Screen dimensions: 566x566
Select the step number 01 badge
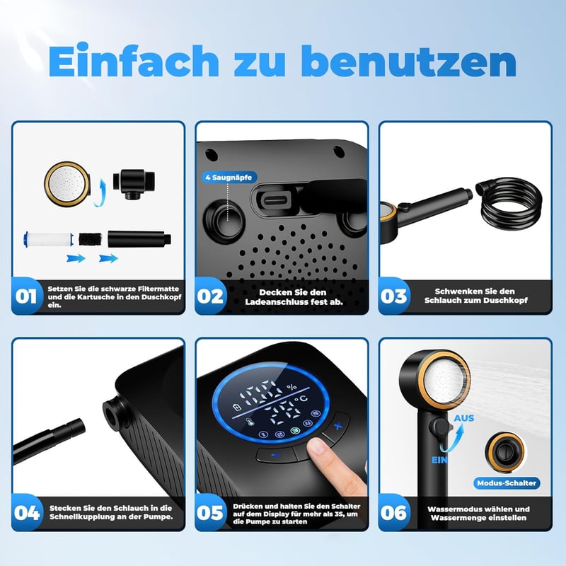tap(25, 296)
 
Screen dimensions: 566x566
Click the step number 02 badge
tap(209, 296)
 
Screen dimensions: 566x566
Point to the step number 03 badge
tap(393, 296)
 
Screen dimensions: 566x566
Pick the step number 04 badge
tap(27, 512)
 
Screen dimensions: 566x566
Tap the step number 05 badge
tap(209, 512)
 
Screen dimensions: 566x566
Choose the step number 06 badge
tap(393, 512)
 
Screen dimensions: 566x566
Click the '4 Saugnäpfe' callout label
tap(229, 178)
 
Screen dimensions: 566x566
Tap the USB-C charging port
tap(275, 200)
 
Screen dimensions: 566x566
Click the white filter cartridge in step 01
tap(48, 239)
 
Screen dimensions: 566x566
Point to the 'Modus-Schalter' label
tap(506, 483)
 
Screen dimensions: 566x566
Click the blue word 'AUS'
tap(464, 418)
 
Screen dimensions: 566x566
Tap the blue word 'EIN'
tap(439, 461)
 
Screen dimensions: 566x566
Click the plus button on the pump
tap(337, 427)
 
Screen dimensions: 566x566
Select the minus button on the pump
tap(276, 455)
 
